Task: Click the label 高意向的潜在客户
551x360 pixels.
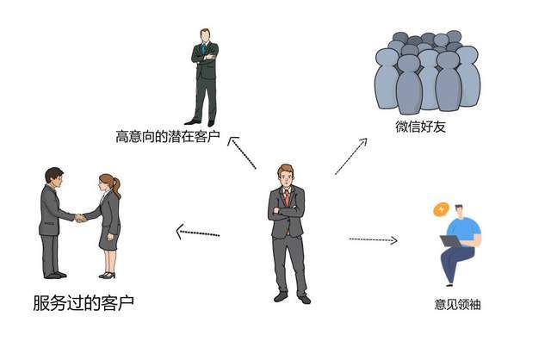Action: [x=168, y=136]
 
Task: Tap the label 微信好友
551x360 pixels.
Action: [x=421, y=127]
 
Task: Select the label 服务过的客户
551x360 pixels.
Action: [x=84, y=302]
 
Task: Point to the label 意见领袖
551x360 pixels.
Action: [x=457, y=304]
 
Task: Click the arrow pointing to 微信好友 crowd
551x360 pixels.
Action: [x=350, y=156]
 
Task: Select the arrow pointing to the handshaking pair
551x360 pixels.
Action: [x=197, y=233]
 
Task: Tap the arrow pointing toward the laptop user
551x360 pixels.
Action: [x=373, y=239]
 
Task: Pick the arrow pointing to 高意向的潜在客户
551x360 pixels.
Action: [x=242, y=152]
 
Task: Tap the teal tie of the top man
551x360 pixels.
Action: [x=203, y=49]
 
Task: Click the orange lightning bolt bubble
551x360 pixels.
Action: [x=441, y=209]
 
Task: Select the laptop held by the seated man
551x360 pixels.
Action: [x=451, y=241]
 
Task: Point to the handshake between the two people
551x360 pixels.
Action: [x=80, y=218]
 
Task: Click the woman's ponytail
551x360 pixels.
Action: [x=117, y=188]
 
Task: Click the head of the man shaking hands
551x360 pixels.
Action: [x=54, y=177]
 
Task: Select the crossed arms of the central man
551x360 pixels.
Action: [x=286, y=211]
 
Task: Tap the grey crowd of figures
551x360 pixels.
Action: [x=427, y=72]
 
